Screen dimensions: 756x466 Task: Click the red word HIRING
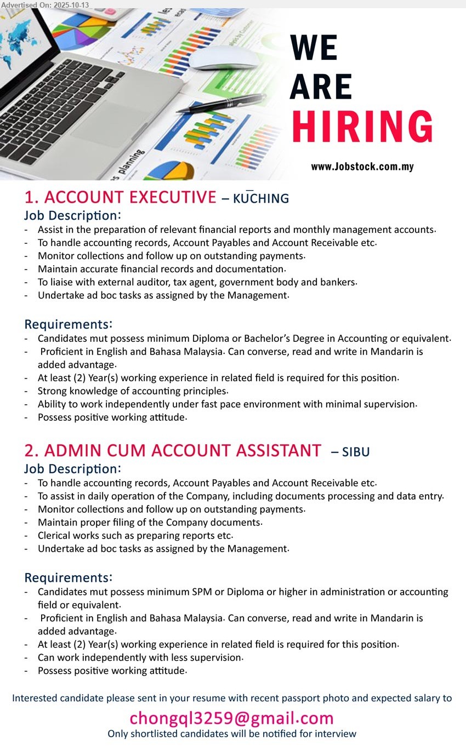click(362, 127)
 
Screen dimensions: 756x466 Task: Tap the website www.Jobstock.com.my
click(362, 167)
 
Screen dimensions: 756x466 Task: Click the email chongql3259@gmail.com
click(231, 718)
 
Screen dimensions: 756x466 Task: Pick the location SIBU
click(356, 452)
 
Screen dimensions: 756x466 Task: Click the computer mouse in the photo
click(225, 58)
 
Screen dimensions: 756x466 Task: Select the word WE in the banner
click(313, 48)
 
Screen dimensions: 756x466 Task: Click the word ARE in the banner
click(321, 87)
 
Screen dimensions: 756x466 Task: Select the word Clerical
click(58, 535)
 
